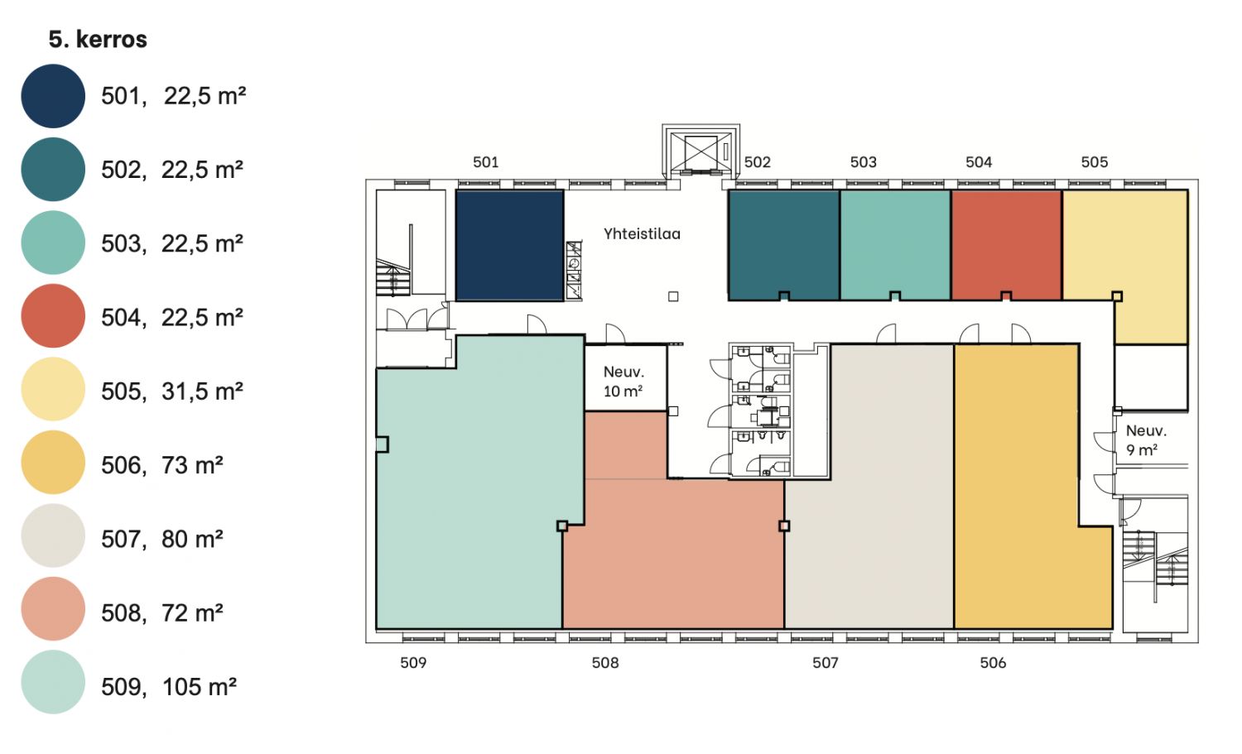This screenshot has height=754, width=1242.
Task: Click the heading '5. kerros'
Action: coord(98,40)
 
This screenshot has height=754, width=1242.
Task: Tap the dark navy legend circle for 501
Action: coord(53,96)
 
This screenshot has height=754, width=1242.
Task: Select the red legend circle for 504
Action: coord(53,316)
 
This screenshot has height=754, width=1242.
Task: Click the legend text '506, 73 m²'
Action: coord(162,465)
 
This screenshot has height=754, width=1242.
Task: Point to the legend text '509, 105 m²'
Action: coord(169,687)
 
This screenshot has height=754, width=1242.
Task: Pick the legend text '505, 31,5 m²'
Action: coord(172,391)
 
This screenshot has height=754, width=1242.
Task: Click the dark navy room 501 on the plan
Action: coord(509,246)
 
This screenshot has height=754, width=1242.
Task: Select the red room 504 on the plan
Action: coord(1006,244)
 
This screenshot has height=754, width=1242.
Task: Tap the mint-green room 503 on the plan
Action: coord(895,244)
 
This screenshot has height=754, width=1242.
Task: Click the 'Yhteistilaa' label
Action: coord(642,234)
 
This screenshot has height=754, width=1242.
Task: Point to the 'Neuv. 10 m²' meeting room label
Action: coord(623,382)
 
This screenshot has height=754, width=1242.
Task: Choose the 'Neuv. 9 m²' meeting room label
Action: coord(1146,440)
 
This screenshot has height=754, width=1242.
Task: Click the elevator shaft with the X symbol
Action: coord(700,151)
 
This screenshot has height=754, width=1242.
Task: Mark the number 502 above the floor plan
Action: coord(758,162)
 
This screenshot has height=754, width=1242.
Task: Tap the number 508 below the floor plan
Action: coord(605,662)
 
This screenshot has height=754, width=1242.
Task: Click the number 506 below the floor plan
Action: coord(993,662)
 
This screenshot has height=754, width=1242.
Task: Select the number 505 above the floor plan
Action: coord(1095,162)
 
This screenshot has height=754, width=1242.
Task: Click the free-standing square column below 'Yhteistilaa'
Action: coord(673,296)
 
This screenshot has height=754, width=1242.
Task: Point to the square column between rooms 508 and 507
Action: coord(784,526)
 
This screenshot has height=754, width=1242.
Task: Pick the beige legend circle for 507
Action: coord(53,535)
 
